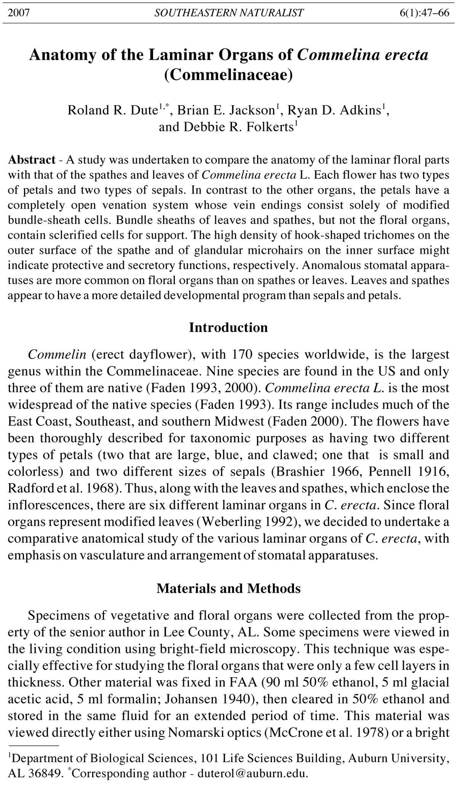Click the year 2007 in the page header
pyautogui.click(x=19, y=13)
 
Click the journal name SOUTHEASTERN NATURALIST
pyautogui.click(x=229, y=13)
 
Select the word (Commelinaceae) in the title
pyautogui.click(x=228, y=75)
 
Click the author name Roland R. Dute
pyautogui.click(x=113, y=110)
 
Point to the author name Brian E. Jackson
pyautogui.click(x=226, y=110)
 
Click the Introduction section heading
pyautogui.click(x=228, y=327)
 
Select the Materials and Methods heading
pyautogui.click(x=228, y=588)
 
